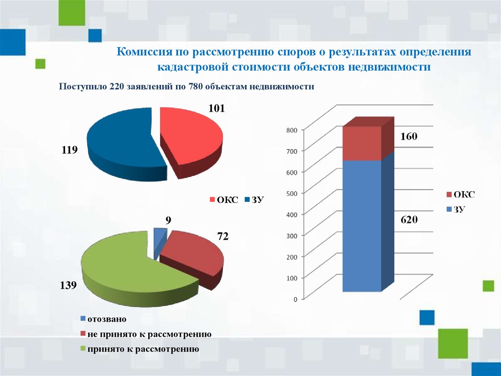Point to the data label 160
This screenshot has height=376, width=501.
click(x=409, y=136)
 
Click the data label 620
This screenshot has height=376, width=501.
click(x=409, y=220)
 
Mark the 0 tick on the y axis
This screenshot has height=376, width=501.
click(x=296, y=299)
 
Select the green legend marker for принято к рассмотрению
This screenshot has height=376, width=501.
click(x=83, y=349)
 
